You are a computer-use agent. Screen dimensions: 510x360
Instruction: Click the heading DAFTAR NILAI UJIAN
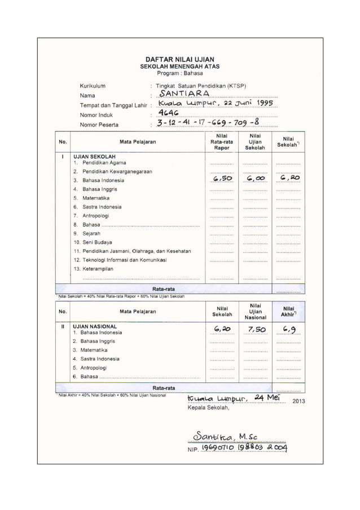180,59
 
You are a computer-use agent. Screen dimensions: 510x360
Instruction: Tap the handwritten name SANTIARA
184,93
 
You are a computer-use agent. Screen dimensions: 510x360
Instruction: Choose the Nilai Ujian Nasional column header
255,311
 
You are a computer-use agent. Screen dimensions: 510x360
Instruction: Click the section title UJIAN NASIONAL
95,326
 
